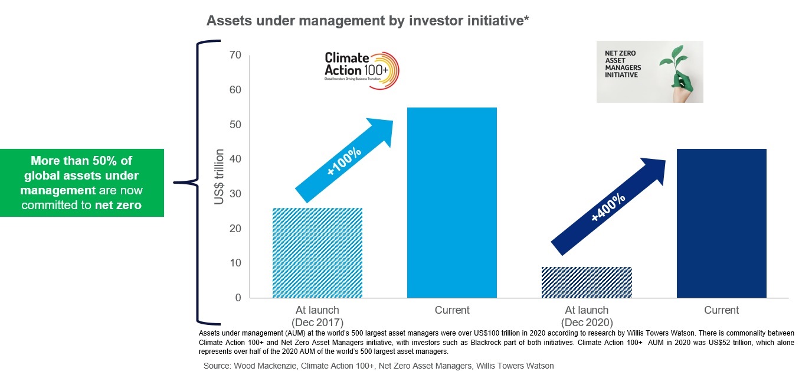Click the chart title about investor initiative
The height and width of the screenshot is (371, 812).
(x=367, y=21)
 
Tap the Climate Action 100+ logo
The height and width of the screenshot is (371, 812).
(x=362, y=69)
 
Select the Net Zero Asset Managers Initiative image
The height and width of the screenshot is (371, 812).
(x=649, y=71)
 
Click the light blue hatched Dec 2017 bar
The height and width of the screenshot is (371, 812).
(x=317, y=253)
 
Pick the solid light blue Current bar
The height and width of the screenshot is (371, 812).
(x=452, y=203)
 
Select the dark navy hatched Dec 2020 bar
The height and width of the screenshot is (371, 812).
(x=587, y=282)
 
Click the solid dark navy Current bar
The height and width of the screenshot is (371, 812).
(x=721, y=223)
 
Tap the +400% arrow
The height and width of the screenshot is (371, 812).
(x=608, y=207)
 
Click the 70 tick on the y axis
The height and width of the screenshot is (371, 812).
(x=235, y=56)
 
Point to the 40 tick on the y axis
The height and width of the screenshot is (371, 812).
(x=235, y=160)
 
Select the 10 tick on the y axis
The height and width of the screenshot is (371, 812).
(x=235, y=263)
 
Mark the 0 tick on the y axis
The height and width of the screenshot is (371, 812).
(x=238, y=298)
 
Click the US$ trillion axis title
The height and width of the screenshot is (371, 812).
(x=220, y=177)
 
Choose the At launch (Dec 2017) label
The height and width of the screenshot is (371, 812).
(x=317, y=315)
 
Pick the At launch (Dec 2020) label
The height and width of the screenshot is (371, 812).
(x=587, y=315)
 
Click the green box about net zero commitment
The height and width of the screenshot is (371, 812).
(x=82, y=183)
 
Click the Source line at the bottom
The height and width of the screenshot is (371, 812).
(x=378, y=366)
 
